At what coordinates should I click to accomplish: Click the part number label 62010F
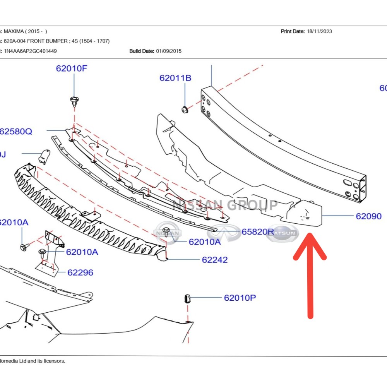click(x=72, y=68)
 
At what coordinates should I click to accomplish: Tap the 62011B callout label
click(x=175, y=78)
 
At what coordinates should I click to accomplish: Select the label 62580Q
click(x=16, y=132)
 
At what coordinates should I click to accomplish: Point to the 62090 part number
click(x=368, y=216)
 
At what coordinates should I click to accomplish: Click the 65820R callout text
click(x=258, y=232)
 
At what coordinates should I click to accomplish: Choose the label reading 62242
click(x=214, y=260)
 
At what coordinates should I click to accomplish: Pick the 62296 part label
click(x=80, y=272)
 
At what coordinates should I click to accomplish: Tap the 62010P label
click(x=240, y=298)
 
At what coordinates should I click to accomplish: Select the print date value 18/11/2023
click(x=319, y=31)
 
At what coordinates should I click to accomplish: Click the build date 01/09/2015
click(x=168, y=51)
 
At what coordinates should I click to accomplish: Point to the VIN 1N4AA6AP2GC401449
click(x=31, y=51)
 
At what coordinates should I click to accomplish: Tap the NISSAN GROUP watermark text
click(x=224, y=205)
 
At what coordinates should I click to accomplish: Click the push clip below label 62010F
click(x=74, y=101)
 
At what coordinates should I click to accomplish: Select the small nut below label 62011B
click(x=185, y=108)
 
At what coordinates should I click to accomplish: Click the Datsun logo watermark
click(x=282, y=233)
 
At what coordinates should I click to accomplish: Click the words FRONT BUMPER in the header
click(x=48, y=41)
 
